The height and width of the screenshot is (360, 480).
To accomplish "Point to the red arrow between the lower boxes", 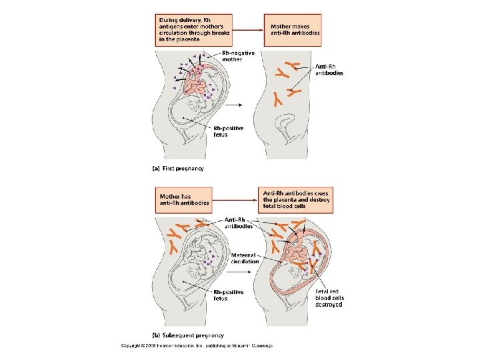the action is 234,199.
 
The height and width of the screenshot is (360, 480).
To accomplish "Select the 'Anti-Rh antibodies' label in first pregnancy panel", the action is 329,69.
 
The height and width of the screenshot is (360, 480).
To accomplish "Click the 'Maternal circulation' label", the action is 245,258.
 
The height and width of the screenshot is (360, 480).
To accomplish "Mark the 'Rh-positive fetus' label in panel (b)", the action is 229,295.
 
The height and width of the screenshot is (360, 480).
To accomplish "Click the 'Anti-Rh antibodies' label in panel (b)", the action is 238,223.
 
